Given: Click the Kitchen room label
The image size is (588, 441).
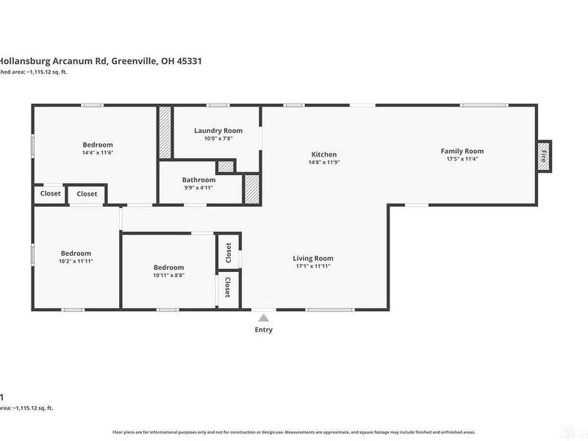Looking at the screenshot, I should point(324,154).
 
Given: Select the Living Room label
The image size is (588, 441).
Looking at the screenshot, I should point(313,258).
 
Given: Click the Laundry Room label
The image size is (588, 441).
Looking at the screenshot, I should point(218,130).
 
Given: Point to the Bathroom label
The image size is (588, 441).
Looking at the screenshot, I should point(198,179).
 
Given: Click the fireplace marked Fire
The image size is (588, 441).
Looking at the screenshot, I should point(544,156).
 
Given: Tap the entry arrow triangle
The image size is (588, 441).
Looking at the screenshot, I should point(263,318).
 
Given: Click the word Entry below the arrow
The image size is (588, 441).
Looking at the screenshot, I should point(263,330).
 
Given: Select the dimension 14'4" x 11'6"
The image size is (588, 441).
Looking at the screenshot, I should point(97,153).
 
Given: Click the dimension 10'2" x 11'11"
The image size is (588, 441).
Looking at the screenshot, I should point(76,261).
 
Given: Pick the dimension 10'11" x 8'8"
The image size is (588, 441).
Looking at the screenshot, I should point(168,276).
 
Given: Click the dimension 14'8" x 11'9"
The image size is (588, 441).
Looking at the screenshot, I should point(324,162).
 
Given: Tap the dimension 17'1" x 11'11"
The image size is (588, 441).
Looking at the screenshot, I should point(313,266).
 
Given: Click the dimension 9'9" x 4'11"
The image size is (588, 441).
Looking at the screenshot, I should point(198,187).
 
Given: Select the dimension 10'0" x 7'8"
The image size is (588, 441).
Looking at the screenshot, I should point(218,138).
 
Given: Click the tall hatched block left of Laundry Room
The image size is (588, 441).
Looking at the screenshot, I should point(165,133).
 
